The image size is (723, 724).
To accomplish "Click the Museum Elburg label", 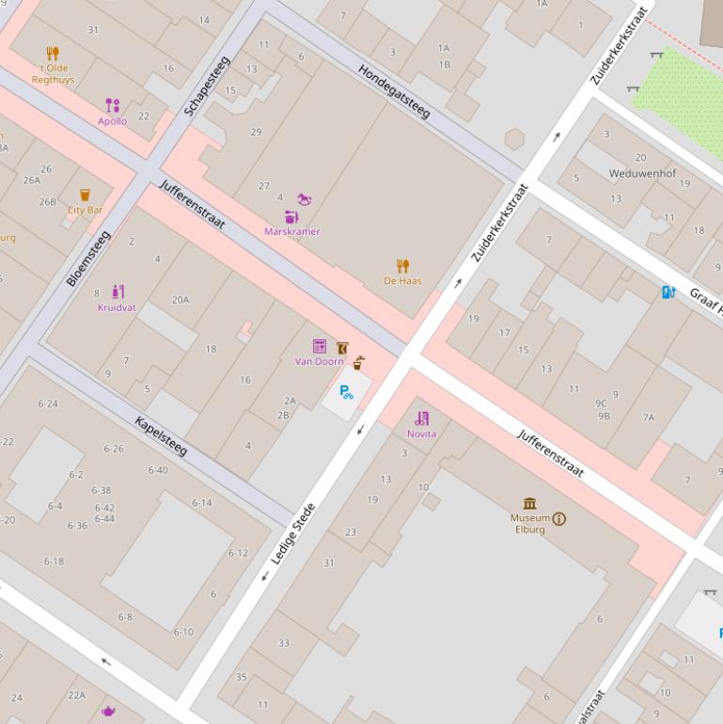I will [x=530, y=524].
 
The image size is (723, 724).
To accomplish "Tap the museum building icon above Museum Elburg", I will [x=530, y=503].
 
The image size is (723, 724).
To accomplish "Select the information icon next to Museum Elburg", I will [x=559, y=518].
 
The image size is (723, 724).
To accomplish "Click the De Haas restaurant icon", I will [x=402, y=266].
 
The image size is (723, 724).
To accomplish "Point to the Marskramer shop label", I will [x=291, y=231].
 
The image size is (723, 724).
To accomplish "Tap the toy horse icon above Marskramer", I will [x=304, y=199].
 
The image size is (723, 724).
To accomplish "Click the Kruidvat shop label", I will [x=117, y=307].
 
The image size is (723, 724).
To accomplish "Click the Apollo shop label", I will [x=113, y=121].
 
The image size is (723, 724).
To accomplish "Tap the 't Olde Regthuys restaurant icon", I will [x=53, y=54].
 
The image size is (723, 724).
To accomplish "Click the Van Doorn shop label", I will [x=320, y=361].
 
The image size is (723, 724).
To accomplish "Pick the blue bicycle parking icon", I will [x=346, y=392].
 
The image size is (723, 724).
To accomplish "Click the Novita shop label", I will [x=421, y=433].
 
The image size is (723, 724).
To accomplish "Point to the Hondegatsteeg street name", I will [x=393, y=92].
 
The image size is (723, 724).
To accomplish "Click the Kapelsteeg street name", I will [x=161, y=436].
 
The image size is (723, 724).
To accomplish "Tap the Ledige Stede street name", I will [x=292, y=534].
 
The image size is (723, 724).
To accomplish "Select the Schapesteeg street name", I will [x=207, y=87].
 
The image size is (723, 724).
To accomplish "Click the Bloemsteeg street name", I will [x=88, y=259].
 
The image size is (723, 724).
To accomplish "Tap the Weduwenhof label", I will [x=642, y=174].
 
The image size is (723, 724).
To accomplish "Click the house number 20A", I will [x=181, y=300].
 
